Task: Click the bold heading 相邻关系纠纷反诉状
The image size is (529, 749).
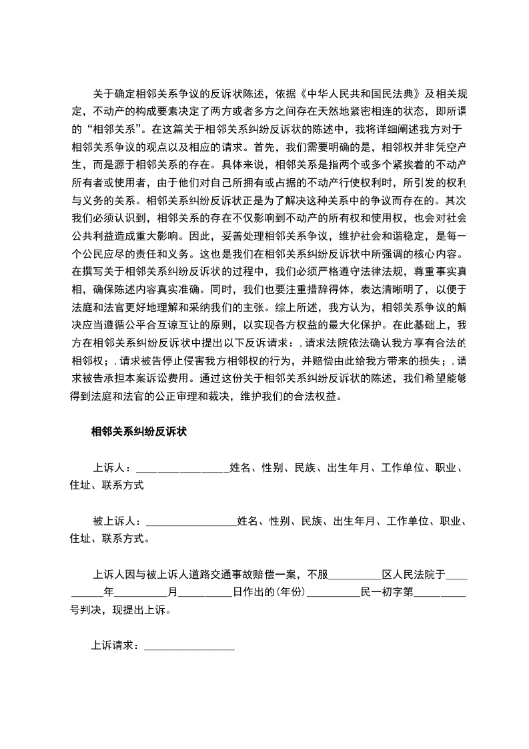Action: pyautogui.click(x=138, y=432)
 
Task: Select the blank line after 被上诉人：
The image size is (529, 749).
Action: pyautogui.click(x=190, y=521)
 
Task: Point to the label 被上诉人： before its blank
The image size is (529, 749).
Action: pyautogui.click(x=117, y=521)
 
